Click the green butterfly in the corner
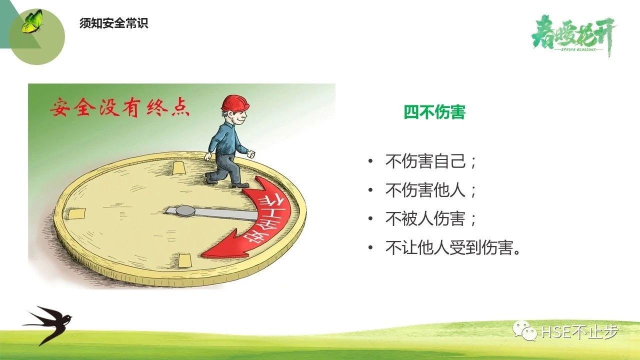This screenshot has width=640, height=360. [x=32, y=21]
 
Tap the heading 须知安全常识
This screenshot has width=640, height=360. [x=113, y=23]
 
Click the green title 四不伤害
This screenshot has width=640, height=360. [x=434, y=111]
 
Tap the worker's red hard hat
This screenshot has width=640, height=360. [x=235, y=103]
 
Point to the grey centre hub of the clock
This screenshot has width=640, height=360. [x=185, y=211]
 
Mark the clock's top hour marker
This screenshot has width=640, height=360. [x=178, y=168]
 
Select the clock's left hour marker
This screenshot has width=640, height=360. [x=76, y=213]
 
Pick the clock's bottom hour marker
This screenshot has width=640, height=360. [x=184, y=260]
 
